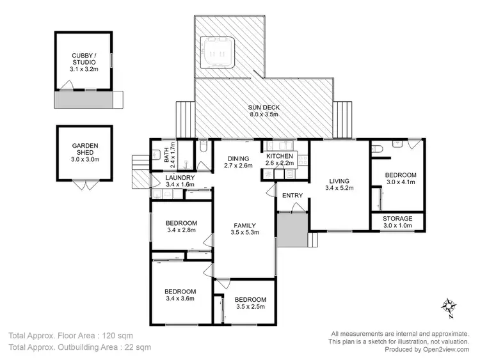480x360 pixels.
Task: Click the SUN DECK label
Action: click(x=264, y=107)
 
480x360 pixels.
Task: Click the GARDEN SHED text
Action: click(x=84, y=150)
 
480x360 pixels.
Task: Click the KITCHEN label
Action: click(x=280, y=156)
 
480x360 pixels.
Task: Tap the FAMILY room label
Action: click(x=244, y=226)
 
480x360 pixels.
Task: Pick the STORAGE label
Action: click(x=397, y=219)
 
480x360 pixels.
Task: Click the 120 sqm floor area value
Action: click(x=127, y=335)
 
